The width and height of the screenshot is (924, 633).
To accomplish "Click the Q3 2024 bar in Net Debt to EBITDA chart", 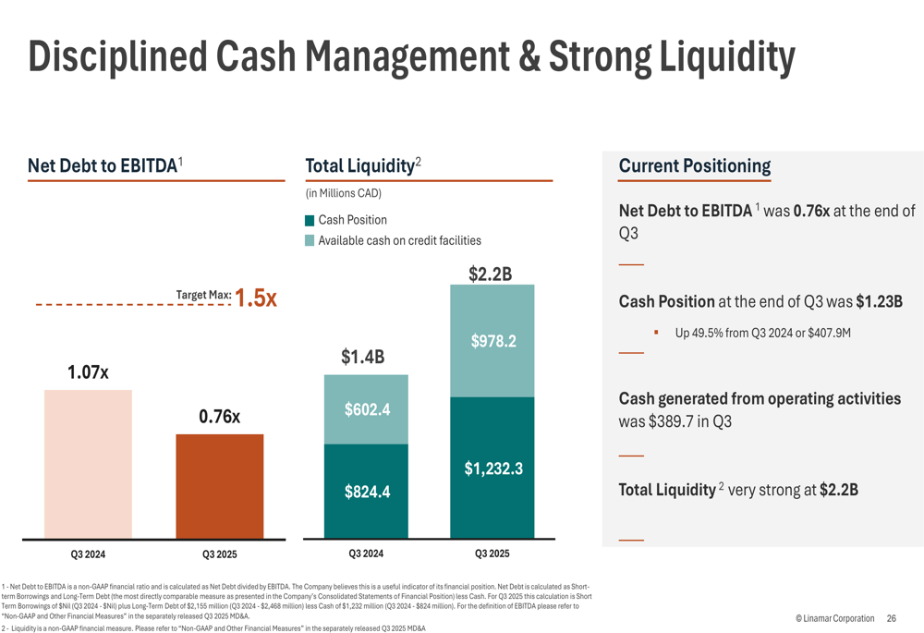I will [88, 464].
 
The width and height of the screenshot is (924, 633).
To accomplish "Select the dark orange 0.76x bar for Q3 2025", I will [220, 486].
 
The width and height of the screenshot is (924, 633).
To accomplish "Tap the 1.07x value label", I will [88, 373].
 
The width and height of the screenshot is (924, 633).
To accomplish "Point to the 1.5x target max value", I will [256, 298].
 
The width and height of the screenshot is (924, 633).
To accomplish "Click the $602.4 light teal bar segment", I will [366, 409].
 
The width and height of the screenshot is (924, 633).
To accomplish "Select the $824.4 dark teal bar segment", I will [366, 492].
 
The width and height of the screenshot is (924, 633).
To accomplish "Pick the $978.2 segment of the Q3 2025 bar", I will [492, 341].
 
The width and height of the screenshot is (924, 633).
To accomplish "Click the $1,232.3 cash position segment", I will [492, 468].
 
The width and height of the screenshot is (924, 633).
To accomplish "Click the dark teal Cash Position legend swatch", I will [310, 221].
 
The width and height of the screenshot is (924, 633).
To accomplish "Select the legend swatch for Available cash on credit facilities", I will [310, 241].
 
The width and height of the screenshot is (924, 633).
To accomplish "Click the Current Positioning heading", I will [694, 166].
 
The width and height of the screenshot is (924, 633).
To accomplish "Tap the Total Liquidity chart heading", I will [359, 166].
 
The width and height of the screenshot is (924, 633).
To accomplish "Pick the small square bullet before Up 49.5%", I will [655, 332].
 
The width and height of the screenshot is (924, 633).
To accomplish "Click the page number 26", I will [891, 618].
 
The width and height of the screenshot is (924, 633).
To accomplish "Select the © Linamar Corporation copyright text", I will [833, 618].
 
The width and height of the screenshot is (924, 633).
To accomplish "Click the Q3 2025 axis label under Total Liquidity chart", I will [492, 554].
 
